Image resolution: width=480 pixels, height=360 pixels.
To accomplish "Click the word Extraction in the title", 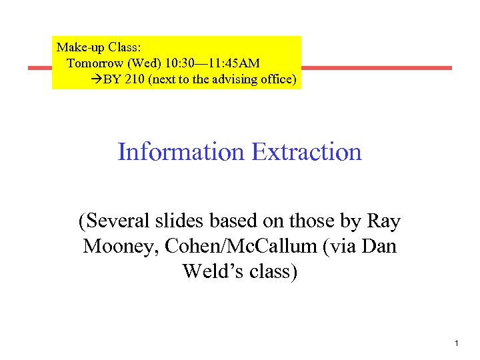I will pyautogui.click(x=307, y=152).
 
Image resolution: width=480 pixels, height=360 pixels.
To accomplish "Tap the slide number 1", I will pyautogui.click(x=456, y=343).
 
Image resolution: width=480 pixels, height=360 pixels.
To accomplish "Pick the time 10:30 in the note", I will pyautogui.click(x=175, y=63).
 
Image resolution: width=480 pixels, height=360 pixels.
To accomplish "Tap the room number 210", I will pyautogui.click(x=136, y=80).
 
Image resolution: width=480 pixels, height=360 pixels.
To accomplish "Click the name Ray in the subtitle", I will pyautogui.click(x=384, y=221).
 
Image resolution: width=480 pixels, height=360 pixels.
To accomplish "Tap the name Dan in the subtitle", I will pyautogui.click(x=379, y=247).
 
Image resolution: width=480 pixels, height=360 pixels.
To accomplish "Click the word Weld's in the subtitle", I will pyautogui.click(x=210, y=272).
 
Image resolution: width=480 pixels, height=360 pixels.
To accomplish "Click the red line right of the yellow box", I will pyautogui.click(x=377, y=68).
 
